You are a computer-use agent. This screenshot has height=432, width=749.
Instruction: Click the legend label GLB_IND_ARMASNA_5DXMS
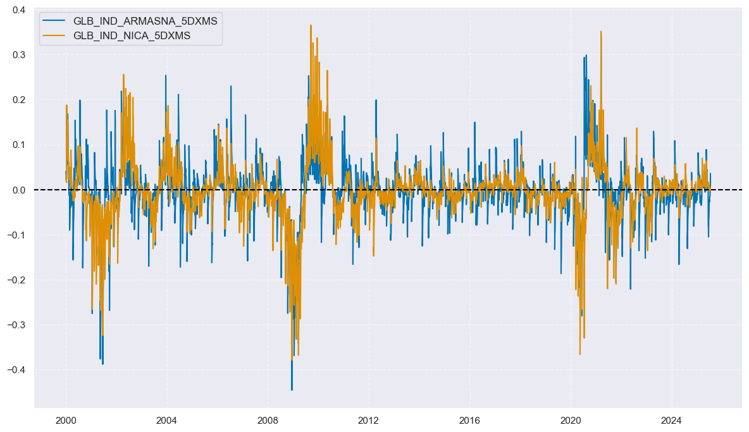[x=154, y=21]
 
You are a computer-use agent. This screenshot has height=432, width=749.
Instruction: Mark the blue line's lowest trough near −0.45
[x=292, y=390]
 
